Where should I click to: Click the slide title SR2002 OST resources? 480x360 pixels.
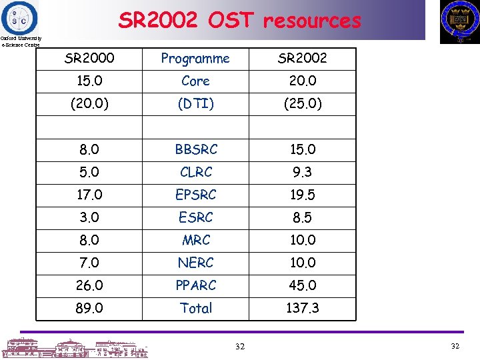239,21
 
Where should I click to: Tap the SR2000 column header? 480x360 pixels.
89,58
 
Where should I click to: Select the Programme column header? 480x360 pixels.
195,59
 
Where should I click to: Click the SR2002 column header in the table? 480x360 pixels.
303,58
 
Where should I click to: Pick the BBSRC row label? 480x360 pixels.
196,149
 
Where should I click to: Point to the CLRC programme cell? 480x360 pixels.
196,172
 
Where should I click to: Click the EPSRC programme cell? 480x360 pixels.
196,195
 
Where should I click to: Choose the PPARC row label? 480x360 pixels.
196,285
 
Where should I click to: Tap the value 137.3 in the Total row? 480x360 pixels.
303,308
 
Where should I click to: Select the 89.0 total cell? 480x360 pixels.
89,308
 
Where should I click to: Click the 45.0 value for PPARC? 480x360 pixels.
303,285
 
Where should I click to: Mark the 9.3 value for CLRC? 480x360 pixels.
303,172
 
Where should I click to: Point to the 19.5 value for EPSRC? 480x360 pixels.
303,195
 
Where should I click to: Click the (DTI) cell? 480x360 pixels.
196,103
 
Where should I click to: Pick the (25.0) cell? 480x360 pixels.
303,103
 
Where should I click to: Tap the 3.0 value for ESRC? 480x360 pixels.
89,217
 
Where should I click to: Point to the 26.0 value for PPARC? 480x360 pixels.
89,285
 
